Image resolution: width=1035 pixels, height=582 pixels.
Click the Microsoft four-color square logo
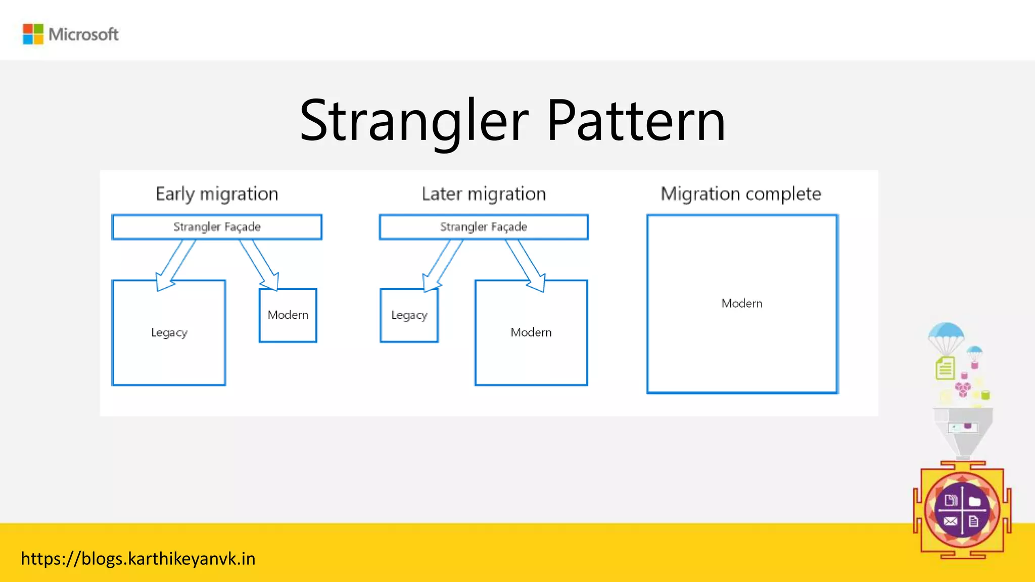[x=33, y=34]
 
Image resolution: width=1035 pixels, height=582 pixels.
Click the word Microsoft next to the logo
[x=83, y=34]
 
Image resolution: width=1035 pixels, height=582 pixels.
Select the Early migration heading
[x=217, y=194]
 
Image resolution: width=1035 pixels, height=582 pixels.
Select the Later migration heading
[x=484, y=194]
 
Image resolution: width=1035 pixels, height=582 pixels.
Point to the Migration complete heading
[x=741, y=194]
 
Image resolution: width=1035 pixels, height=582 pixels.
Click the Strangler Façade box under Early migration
[x=217, y=227]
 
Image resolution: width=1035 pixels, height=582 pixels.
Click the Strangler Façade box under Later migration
[x=484, y=227]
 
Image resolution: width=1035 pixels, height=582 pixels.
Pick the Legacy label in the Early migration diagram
[x=169, y=332]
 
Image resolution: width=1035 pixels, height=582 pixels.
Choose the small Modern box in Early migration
[x=288, y=315]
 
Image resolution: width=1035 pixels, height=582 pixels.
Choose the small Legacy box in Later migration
[x=409, y=315]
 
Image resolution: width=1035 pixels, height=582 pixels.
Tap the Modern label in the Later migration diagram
[x=531, y=332]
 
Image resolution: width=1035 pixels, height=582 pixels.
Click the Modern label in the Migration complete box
[x=741, y=303]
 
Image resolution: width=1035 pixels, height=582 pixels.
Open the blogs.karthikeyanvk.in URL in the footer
[x=138, y=559]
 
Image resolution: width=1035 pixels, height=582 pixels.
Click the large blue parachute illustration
[x=946, y=335]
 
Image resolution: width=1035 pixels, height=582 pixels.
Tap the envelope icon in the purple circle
[x=950, y=521]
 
